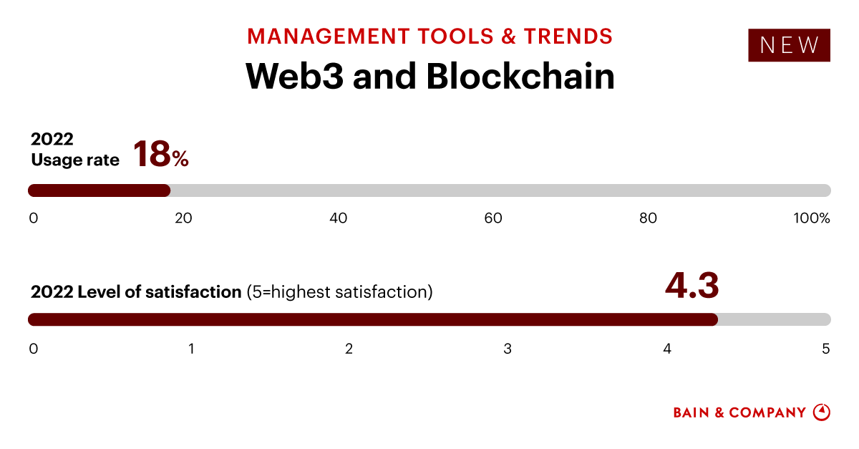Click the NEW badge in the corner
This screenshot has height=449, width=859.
(789, 45)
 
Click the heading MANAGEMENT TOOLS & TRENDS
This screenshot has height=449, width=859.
(429, 36)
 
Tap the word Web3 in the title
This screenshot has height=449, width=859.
(293, 76)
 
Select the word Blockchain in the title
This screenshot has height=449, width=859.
(520, 76)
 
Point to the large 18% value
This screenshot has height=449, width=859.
(160, 154)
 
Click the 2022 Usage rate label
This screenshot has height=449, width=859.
(74, 150)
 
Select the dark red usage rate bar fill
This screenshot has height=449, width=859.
(99, 190)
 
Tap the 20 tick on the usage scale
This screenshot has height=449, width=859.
(183, 218)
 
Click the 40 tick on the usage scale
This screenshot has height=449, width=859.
(339, 218)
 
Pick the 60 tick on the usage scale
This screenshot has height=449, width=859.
(493, 218)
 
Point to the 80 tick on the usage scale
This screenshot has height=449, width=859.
(648, 218)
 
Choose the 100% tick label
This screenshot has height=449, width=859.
(812, 218)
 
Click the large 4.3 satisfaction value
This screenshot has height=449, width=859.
(691, 285)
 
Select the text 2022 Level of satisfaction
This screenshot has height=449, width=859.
(136, 292)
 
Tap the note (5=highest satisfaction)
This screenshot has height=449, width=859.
(339, 292)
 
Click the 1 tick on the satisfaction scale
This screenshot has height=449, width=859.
(192, 349)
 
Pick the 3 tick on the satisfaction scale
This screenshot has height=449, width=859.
(508, 349)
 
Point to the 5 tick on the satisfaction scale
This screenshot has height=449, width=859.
(825, 349)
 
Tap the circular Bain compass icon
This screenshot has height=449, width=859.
(822, 412)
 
